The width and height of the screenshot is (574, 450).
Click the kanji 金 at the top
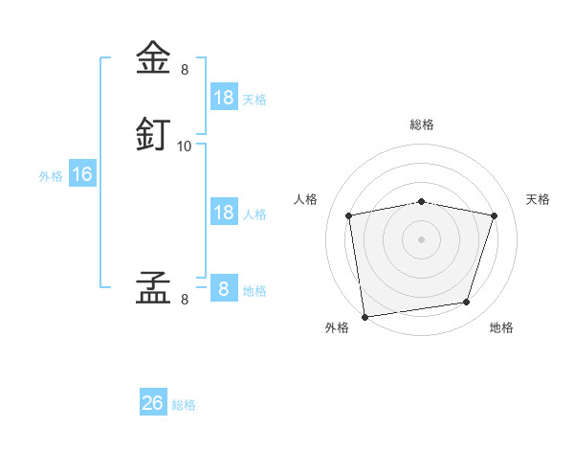(x=153, y=57)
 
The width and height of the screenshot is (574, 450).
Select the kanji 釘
(x=153, y=134)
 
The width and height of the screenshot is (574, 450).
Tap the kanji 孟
(x=153, y=287)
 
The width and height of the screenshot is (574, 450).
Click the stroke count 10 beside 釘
(x=184, y=146)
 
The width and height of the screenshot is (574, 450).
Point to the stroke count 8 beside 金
(x=185, y=70)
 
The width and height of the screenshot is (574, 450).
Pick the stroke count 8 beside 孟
(x=185, y=300)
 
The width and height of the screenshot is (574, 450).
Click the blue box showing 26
(x=153, y=401)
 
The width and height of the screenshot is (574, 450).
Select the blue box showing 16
(x=82, y=172)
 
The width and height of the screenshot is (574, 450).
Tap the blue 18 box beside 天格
(x=225, y=97)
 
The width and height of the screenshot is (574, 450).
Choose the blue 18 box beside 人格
(x=225, y=211)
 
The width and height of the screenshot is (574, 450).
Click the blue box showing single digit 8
(x=225, y=287)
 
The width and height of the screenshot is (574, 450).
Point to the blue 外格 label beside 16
(x=51, y=176)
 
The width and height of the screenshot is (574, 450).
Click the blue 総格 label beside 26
(x=184, y=405)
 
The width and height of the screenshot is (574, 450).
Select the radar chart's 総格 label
(x=422, y=124)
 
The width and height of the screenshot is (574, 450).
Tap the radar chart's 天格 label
(x=538, y=199)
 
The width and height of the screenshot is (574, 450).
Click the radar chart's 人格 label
(x=305, y=199)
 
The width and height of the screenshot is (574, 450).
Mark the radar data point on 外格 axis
(x=365, y=317)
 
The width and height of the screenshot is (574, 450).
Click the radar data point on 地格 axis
(x=467, y=302)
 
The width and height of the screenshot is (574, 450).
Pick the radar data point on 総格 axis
(x=421, y=202)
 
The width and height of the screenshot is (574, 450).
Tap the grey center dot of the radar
(x=421, y=239)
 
